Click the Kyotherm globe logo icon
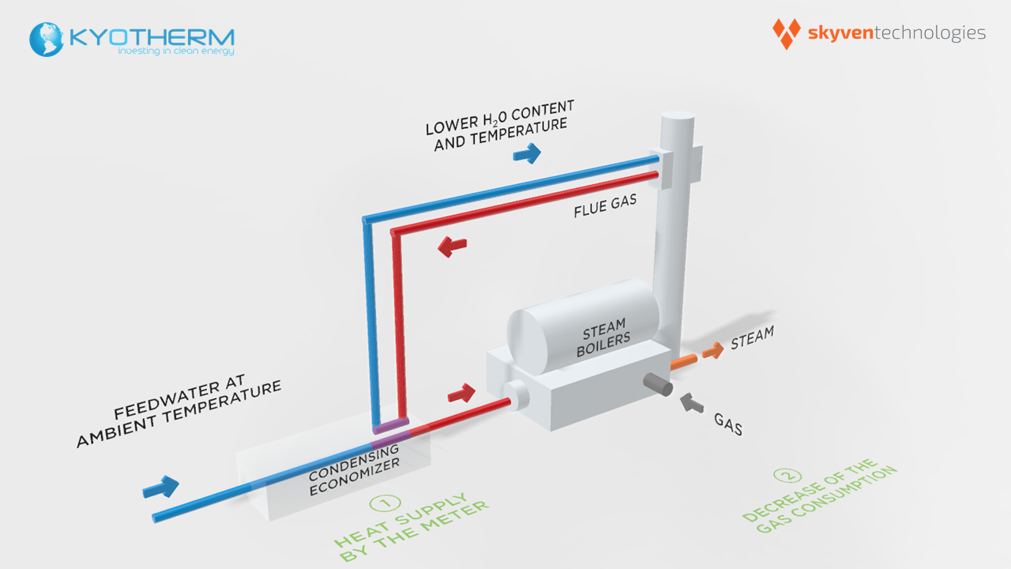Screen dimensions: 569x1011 tap(47, 40)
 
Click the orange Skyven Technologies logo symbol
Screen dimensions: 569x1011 tap(786, 33)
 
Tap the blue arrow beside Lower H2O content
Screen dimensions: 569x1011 tap(527, 153)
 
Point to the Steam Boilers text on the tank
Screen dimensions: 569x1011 tap(606, 337)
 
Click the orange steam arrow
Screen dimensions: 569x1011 tap(712, 351)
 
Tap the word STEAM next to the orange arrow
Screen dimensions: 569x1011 tap(752, 337)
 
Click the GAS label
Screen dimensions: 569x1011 tap(728, 425)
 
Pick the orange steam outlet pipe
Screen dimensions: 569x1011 tap(683, 362)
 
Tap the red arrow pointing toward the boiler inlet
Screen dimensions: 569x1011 tap(461, 392)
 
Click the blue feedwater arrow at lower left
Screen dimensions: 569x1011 tap(161, 486)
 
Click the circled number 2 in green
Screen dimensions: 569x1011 tap(786, 476)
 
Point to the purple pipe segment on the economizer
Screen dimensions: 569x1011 tap(392, 431)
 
